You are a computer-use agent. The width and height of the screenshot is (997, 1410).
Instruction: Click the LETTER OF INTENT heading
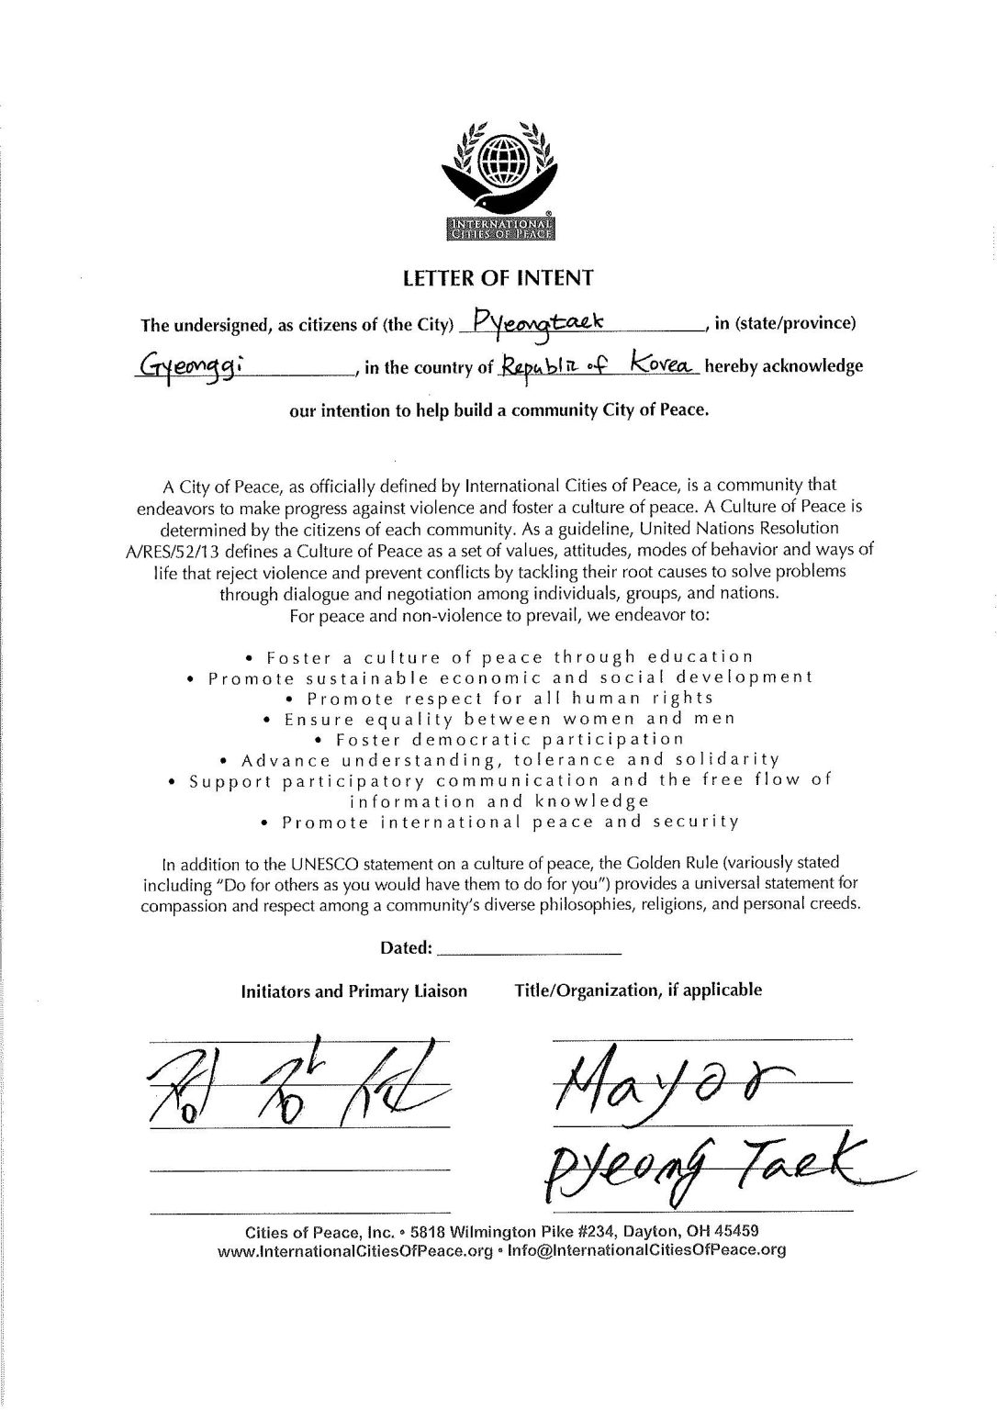pyautogui.click(x=498, y=276)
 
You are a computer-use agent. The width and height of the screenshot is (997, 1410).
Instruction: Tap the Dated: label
pyautogui.click(x=406, y=947)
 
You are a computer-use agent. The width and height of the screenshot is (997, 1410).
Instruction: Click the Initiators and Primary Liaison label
pyautogui.click(x=353, y=991)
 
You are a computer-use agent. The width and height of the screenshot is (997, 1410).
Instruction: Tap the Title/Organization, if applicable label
pyautogui.click(x=638, y=990)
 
